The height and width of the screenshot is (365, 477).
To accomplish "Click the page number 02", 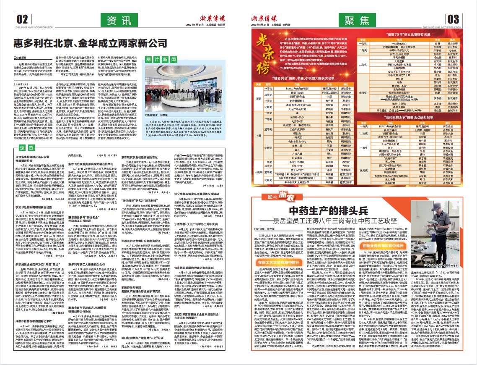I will pyautogui.click(x=22, y=18).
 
